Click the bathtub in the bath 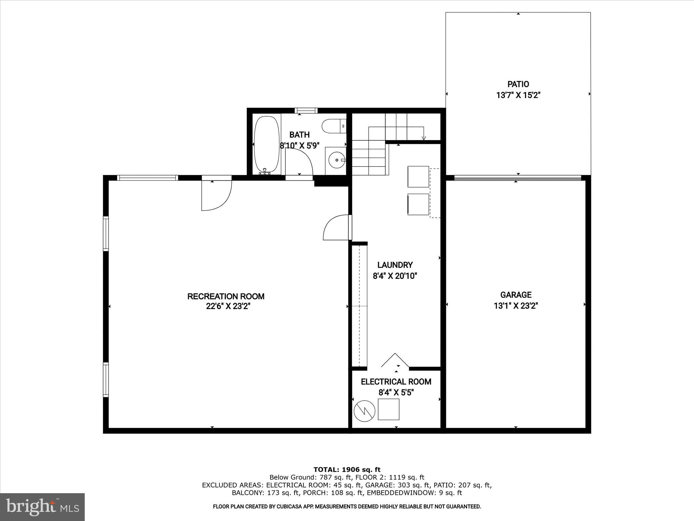(267, 145)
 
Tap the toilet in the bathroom (333, 126)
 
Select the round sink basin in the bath (336, 160)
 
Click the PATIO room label (518, 84)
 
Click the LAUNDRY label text (395, 265)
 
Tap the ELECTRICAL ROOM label (396, 382)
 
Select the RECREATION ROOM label (226, 296)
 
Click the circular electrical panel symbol (365, 411)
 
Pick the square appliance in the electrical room (388, 409)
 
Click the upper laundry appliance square (418, 177)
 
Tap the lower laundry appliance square (418, 204)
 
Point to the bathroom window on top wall (306, 111)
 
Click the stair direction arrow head (424, 138)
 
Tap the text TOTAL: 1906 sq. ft (347, 470)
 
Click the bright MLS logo (42, 507)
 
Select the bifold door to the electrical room (395, 360)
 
